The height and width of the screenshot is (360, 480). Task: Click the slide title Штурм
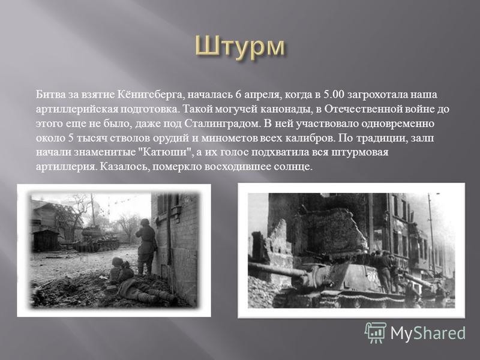(x=239, y=47)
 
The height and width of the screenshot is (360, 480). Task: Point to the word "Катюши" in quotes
(x=166, y=152)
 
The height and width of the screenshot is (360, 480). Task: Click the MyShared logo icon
(x=376, y=332)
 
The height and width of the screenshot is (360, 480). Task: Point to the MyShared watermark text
(x=428, y=332)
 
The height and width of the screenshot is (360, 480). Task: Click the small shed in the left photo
(x=46, y=241)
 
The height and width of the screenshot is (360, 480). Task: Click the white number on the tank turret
(x=371, y=278)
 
